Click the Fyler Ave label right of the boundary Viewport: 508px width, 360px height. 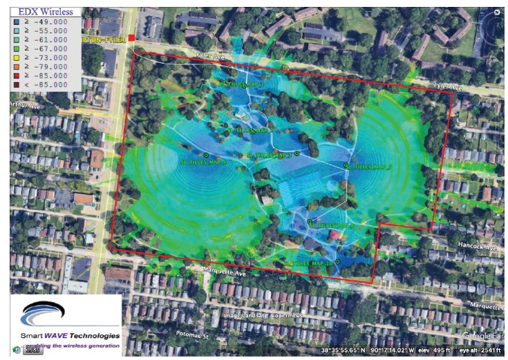click(x=447, y=87)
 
